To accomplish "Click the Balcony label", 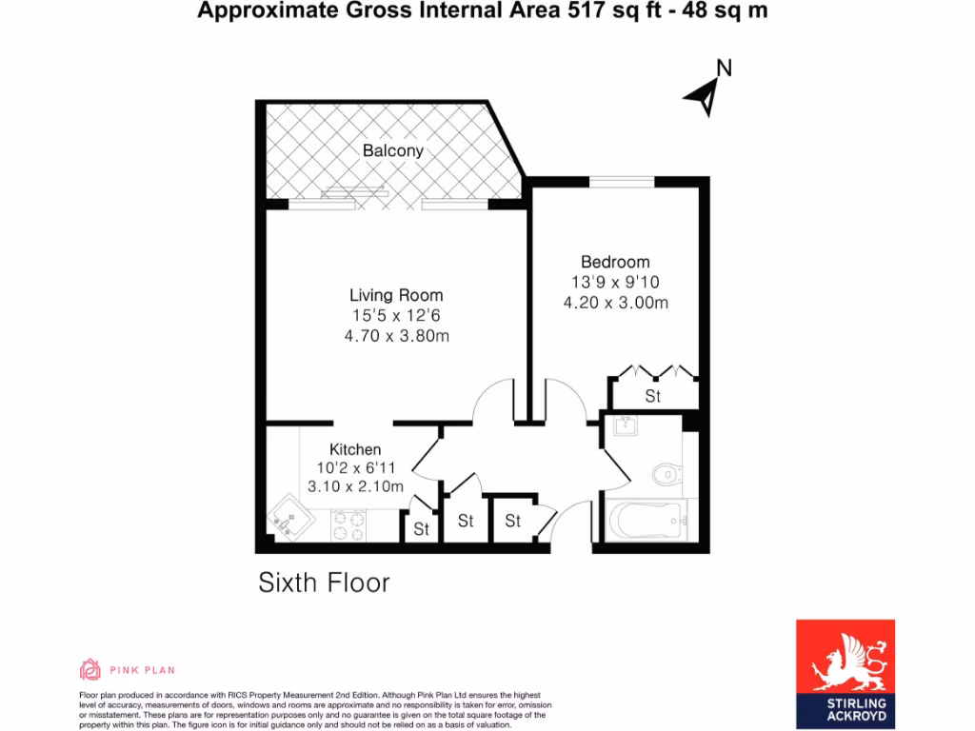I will [392, 150].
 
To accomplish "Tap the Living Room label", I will [396, 295].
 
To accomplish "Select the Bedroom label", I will [615, 262].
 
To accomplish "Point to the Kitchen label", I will [355, 449].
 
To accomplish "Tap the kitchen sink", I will [289, 521].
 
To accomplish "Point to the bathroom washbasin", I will [627, 426].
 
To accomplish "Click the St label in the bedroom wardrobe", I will [653, 396].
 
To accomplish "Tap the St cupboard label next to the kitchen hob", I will [421, 529].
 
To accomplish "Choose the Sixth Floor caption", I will [324, 583].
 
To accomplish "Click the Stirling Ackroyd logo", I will [845, 673].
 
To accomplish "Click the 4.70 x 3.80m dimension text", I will [396, 335].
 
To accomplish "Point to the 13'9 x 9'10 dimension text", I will [615, 283].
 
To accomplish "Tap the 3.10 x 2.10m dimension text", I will [355, 486].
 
